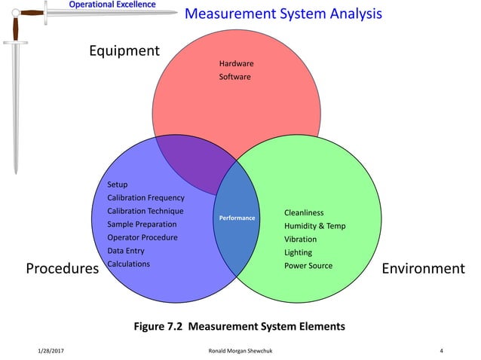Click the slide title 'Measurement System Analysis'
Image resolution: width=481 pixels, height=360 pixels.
[283, 14]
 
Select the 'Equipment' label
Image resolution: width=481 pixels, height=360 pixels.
[124, 51]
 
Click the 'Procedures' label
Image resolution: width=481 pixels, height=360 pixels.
[63, 269]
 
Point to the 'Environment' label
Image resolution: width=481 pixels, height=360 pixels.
[423, 269]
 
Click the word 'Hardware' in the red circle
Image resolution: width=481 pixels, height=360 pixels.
[236, 64]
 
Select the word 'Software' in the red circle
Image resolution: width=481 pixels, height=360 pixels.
[234, 78]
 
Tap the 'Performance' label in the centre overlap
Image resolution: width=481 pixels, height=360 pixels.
[237, 218]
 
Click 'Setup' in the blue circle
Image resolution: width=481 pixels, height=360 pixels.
[118, 185]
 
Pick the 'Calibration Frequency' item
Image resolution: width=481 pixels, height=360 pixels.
[146, 198]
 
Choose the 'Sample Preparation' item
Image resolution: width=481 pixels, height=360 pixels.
[142, 224]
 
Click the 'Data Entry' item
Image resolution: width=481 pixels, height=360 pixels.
[127, 251]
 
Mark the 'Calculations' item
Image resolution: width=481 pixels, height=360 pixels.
[129, 264]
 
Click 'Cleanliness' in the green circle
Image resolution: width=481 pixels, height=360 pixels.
[304, 213]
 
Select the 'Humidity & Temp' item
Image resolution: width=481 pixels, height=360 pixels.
[314, 226]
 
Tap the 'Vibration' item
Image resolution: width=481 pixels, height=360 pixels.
[300, 239]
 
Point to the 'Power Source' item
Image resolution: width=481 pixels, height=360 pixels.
[308, 266]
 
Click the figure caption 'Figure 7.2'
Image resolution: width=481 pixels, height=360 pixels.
[161, 327]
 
